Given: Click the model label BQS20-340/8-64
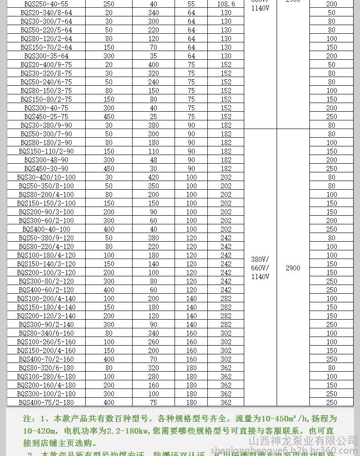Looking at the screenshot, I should tap(46, 13).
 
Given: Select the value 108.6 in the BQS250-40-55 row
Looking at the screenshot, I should tap(226, 4).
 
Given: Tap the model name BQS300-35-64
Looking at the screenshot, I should tap(46, 56).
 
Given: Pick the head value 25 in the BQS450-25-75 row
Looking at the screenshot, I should tap(154, 117).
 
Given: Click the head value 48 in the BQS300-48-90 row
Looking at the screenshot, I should tap(154, 160).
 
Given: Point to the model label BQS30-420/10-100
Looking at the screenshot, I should tap(46, 177).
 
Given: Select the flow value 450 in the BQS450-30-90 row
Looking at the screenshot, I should tap(109, 169).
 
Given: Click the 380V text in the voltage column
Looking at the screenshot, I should tap(260, 259).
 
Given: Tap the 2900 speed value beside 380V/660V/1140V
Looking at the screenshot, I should tap(293, 268).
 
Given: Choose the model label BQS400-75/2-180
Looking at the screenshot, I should tap(46, 403).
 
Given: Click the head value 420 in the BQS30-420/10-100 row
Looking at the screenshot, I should tap(154, 177).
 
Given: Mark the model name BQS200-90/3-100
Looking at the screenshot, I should tap(46, 212).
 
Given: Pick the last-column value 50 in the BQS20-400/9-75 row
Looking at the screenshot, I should tap(331, 65).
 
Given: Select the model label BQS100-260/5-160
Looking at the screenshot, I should tap(46, 342).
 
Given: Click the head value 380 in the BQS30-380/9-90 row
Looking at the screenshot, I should tap(154, 125).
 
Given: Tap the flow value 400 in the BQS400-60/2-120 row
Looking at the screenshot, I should tap(109, 290).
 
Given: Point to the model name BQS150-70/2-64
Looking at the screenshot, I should tap(46, 47).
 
